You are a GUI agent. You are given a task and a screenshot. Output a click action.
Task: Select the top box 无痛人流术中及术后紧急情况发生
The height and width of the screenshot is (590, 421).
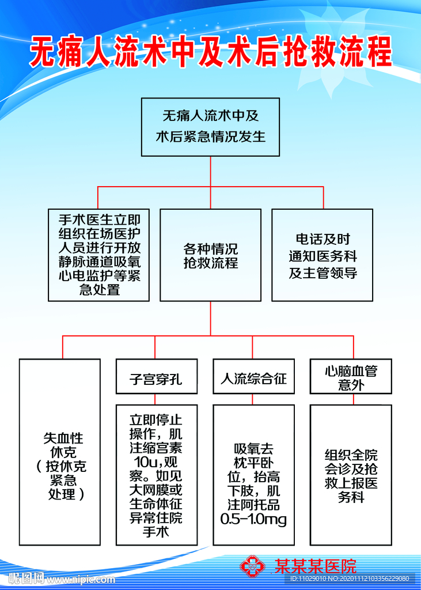click(x=210, y=127)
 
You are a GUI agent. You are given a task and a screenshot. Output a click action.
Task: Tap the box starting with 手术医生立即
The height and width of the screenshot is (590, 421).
click(x=98, y=255)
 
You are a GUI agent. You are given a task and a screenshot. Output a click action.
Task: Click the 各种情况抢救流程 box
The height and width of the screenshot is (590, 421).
click(x=210, y=255)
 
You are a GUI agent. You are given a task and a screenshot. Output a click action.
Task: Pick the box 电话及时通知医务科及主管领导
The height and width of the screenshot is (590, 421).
click(x=322, y=255)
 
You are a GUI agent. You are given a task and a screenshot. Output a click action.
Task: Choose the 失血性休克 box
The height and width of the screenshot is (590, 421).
click(x=59, y=452)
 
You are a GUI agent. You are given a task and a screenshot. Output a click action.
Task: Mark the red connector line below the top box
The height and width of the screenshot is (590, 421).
click(x=210, y=171)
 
